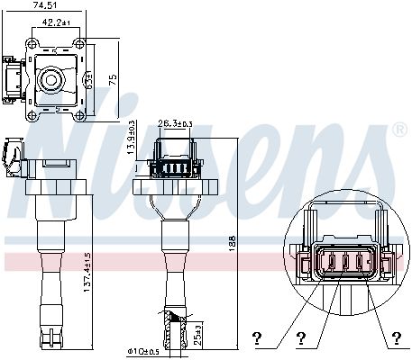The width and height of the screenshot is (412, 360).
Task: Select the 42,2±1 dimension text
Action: click(x=56, y=22)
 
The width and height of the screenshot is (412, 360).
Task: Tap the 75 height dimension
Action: click(x=113, y=80)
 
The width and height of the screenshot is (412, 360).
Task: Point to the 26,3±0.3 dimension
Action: click(x=175, y=123)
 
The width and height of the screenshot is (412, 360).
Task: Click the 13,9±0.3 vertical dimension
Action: click(x=132, y=138)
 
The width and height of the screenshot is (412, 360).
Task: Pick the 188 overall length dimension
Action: click(x=233, y=243)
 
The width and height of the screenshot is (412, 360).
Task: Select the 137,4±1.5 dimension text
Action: click(x=87, y=273)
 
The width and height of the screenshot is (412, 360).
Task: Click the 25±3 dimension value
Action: click(x=197, y=335)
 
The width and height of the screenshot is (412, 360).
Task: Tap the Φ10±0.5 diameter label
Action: click(x=143, y=352)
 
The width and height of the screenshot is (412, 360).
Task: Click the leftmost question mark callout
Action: click(x=257, y=338)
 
